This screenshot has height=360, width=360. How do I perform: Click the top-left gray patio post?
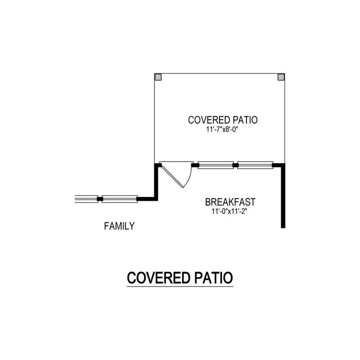click(x=158, y=77)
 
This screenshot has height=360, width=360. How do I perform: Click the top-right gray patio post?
click(x=281, y=77)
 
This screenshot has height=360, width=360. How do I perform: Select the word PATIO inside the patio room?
click(x=245, y=120)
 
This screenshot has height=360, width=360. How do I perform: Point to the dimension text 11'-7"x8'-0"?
click(x=222, y=130)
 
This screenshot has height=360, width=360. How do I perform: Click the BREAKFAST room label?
click(x=230, y=202)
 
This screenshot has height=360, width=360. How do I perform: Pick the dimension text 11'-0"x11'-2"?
click(x=229, y=211)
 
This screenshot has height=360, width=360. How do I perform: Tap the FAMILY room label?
click(x=119, y=226)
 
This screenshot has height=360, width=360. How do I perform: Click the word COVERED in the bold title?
click(x=159, y=278)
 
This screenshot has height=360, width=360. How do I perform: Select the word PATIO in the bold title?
click(x=214, y=278)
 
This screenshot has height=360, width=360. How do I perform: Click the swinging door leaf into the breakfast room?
click(x=172, y=176)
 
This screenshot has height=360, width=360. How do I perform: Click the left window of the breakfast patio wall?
click(x=216, y=165)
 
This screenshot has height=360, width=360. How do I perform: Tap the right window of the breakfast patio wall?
click(x=255, y=165)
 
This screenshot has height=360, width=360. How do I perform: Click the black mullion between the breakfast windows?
click(x=236, y=165)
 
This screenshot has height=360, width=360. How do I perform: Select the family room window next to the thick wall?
click(x=120, y=199)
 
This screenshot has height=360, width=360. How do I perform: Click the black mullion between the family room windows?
click(x=100, y=199)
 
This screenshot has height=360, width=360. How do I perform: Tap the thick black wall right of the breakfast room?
click(x=283, y=196)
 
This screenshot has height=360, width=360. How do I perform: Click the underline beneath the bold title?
click(x=180, y=286)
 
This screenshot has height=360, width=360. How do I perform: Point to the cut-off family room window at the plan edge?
click(x=86, y=199)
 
